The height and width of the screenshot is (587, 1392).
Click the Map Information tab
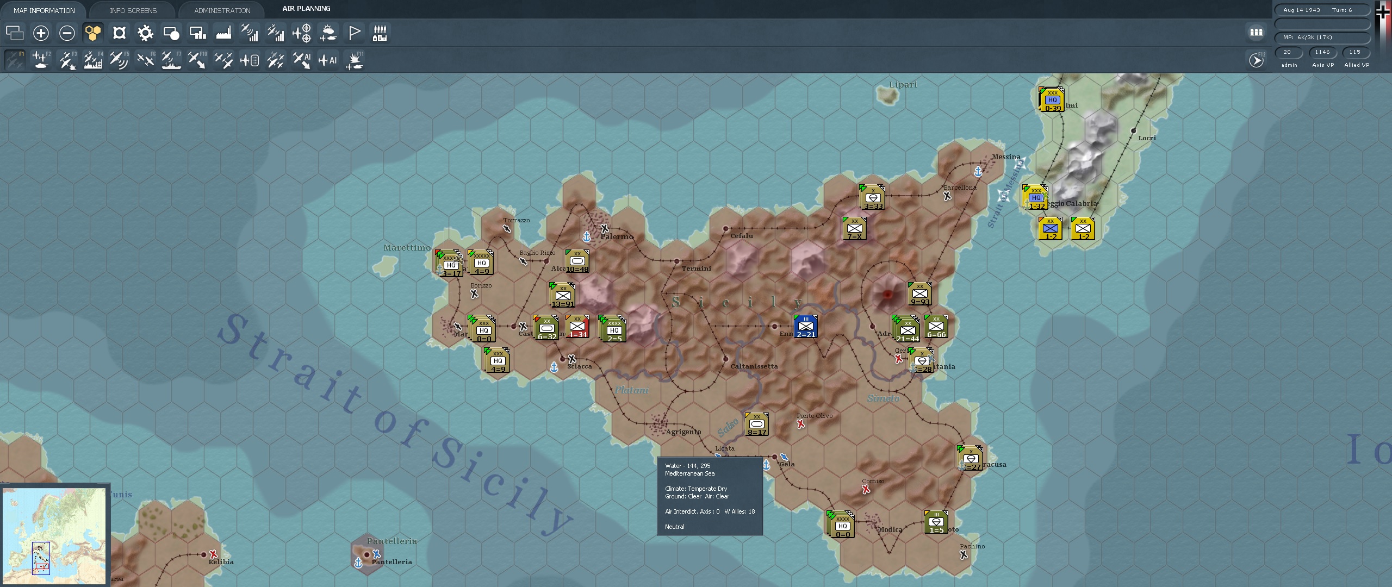pyautogui.click(x=44, y=10)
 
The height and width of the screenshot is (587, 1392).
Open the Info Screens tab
pyautogui.click(x=133, y=10)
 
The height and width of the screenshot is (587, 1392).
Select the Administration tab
pyautogui.click(x=222, y=10)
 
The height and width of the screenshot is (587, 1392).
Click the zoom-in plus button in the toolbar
pyautogui.click(x=41, y=33)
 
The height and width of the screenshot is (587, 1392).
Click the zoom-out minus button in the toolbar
pyautogui.click(x=67, y=33)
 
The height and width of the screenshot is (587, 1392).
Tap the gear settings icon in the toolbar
pyautogui.click(x=145, y=33)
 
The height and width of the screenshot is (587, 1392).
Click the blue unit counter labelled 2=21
pyautogui.click(x=806, y=327)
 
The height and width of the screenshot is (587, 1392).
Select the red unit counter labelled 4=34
pyautogui.click(x=577, y=327)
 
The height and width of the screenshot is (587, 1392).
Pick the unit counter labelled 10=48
pyautogui.click(x=577, y=261)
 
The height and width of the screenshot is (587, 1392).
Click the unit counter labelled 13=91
pyautogui.click(x=563, y=296)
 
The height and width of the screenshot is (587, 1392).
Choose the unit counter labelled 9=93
pyautogui.click(x=919, y=294)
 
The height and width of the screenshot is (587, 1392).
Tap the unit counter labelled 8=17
pyautogui.click(x=756, y=424)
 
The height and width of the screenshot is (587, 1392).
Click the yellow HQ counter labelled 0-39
pyautogui.click(x=1052, y=100)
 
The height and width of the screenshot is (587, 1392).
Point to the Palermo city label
pyautogui.click(x=617, y=236)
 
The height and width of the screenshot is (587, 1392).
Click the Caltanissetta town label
pyautogui.click(x=754, y=366)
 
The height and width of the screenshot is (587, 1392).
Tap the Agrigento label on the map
pyautogui.click(x=683, y=432)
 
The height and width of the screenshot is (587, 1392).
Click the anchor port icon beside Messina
pyautogui.click(x=978, y=172)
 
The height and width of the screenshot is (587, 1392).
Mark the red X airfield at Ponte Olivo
pyautogui.click(x=801, y=424)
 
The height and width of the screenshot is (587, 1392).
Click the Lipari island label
pyautogui.click(x=903, y=85)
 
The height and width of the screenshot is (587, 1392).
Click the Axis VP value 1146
pyautogui.click(x=1322, y=52)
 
